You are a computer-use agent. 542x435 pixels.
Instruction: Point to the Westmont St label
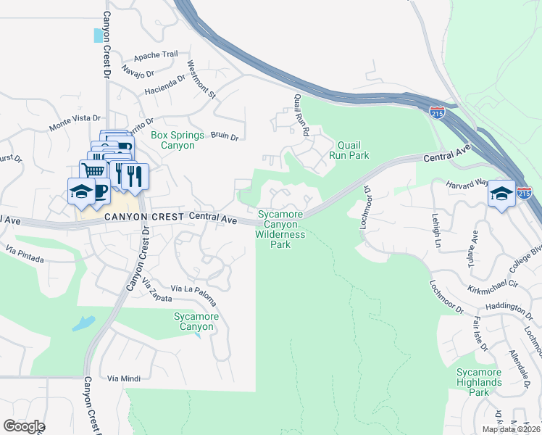point(202,79)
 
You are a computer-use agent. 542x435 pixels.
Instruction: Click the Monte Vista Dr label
point(75,122)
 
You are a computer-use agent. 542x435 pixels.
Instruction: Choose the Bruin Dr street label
point(225,135)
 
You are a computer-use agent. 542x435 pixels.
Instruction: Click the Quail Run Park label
point(349,150)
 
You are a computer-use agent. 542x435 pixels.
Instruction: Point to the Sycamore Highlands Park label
point(479,382)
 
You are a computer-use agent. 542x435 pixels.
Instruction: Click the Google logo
point(24,426)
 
